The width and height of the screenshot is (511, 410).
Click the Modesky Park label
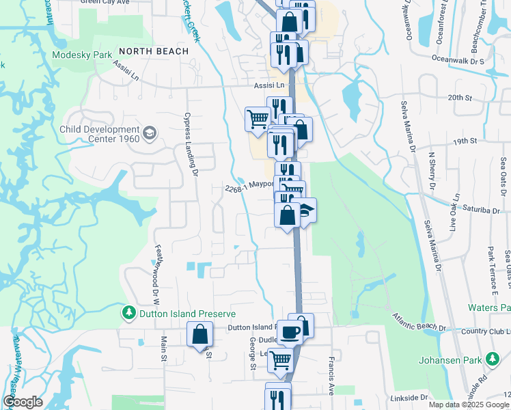click(82, 55)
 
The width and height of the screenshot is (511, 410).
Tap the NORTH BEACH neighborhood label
click(153, 51)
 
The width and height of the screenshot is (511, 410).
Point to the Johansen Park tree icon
click(492, 359)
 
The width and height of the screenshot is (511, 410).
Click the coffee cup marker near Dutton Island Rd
click(289, 332)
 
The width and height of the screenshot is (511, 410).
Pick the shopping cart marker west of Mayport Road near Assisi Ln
click(258, 119)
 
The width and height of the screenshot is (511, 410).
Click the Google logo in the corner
click(23, 402)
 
